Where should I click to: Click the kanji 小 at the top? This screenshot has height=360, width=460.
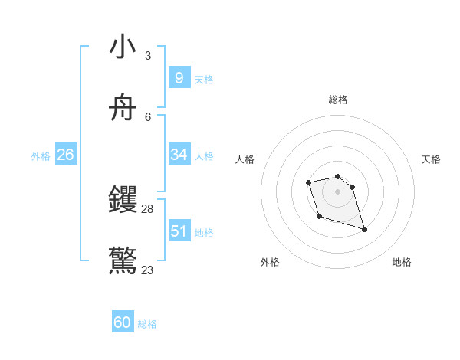(123, 47)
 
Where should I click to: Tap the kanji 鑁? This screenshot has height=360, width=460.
(123, 201)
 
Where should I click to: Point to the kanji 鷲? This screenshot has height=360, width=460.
(123, 261)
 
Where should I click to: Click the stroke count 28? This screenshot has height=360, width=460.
(148, 208)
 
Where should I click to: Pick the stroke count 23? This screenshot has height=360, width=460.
(148, 270)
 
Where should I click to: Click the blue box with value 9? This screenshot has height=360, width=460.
(179, 78)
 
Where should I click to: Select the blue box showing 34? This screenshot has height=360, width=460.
(179, 155)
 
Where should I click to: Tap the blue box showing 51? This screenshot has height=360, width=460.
(179, 231)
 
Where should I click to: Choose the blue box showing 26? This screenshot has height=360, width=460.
(65, 155)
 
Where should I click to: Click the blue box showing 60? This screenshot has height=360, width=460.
(122, 322)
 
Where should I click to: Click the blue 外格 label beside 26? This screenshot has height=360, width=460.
(41, 156)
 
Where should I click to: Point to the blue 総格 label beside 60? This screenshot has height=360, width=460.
(147, 324)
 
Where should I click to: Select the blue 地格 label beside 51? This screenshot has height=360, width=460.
(204, 233)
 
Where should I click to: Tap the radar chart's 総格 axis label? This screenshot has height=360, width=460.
(337, 100)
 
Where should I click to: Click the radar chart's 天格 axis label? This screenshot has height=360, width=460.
(431, 159)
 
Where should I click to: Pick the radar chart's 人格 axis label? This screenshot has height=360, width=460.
(245, 159)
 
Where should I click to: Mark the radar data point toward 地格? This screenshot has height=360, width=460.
(364, 229)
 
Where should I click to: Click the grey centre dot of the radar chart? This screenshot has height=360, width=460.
(337, 191)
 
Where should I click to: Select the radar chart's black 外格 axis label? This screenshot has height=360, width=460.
(270, 262)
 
